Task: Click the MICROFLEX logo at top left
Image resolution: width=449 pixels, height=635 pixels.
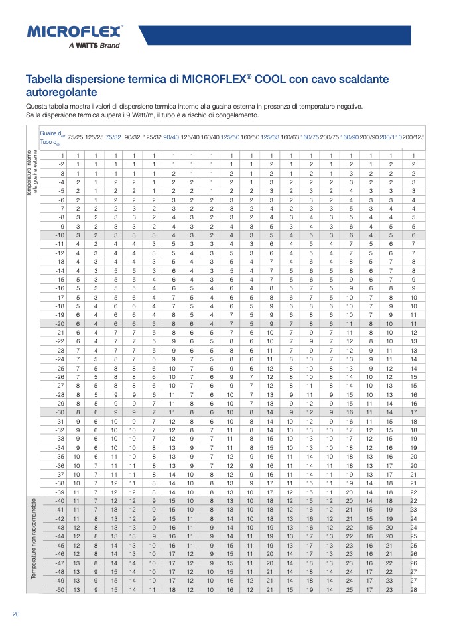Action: [75, 31]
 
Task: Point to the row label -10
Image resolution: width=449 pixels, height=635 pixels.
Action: [59, 235]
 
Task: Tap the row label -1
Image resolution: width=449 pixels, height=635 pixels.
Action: [60, 155]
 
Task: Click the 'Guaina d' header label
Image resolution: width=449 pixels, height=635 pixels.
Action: [50, 133]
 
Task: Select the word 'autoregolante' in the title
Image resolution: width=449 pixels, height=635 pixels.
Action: [61, 92]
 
